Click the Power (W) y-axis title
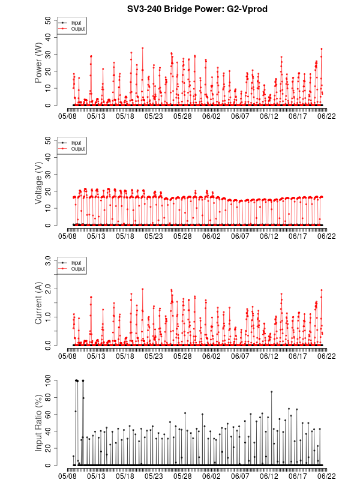point(38,63)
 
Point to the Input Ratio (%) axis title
point(38,422)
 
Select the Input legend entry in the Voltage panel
point(76,143)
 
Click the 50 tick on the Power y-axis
point(49,20)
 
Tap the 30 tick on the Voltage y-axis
point(49,174)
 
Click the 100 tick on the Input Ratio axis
point(47,380)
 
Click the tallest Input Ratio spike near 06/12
point(271,391)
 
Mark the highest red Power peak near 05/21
point(142,48)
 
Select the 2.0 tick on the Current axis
point(47,289)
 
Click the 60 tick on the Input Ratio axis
point(49,414)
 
